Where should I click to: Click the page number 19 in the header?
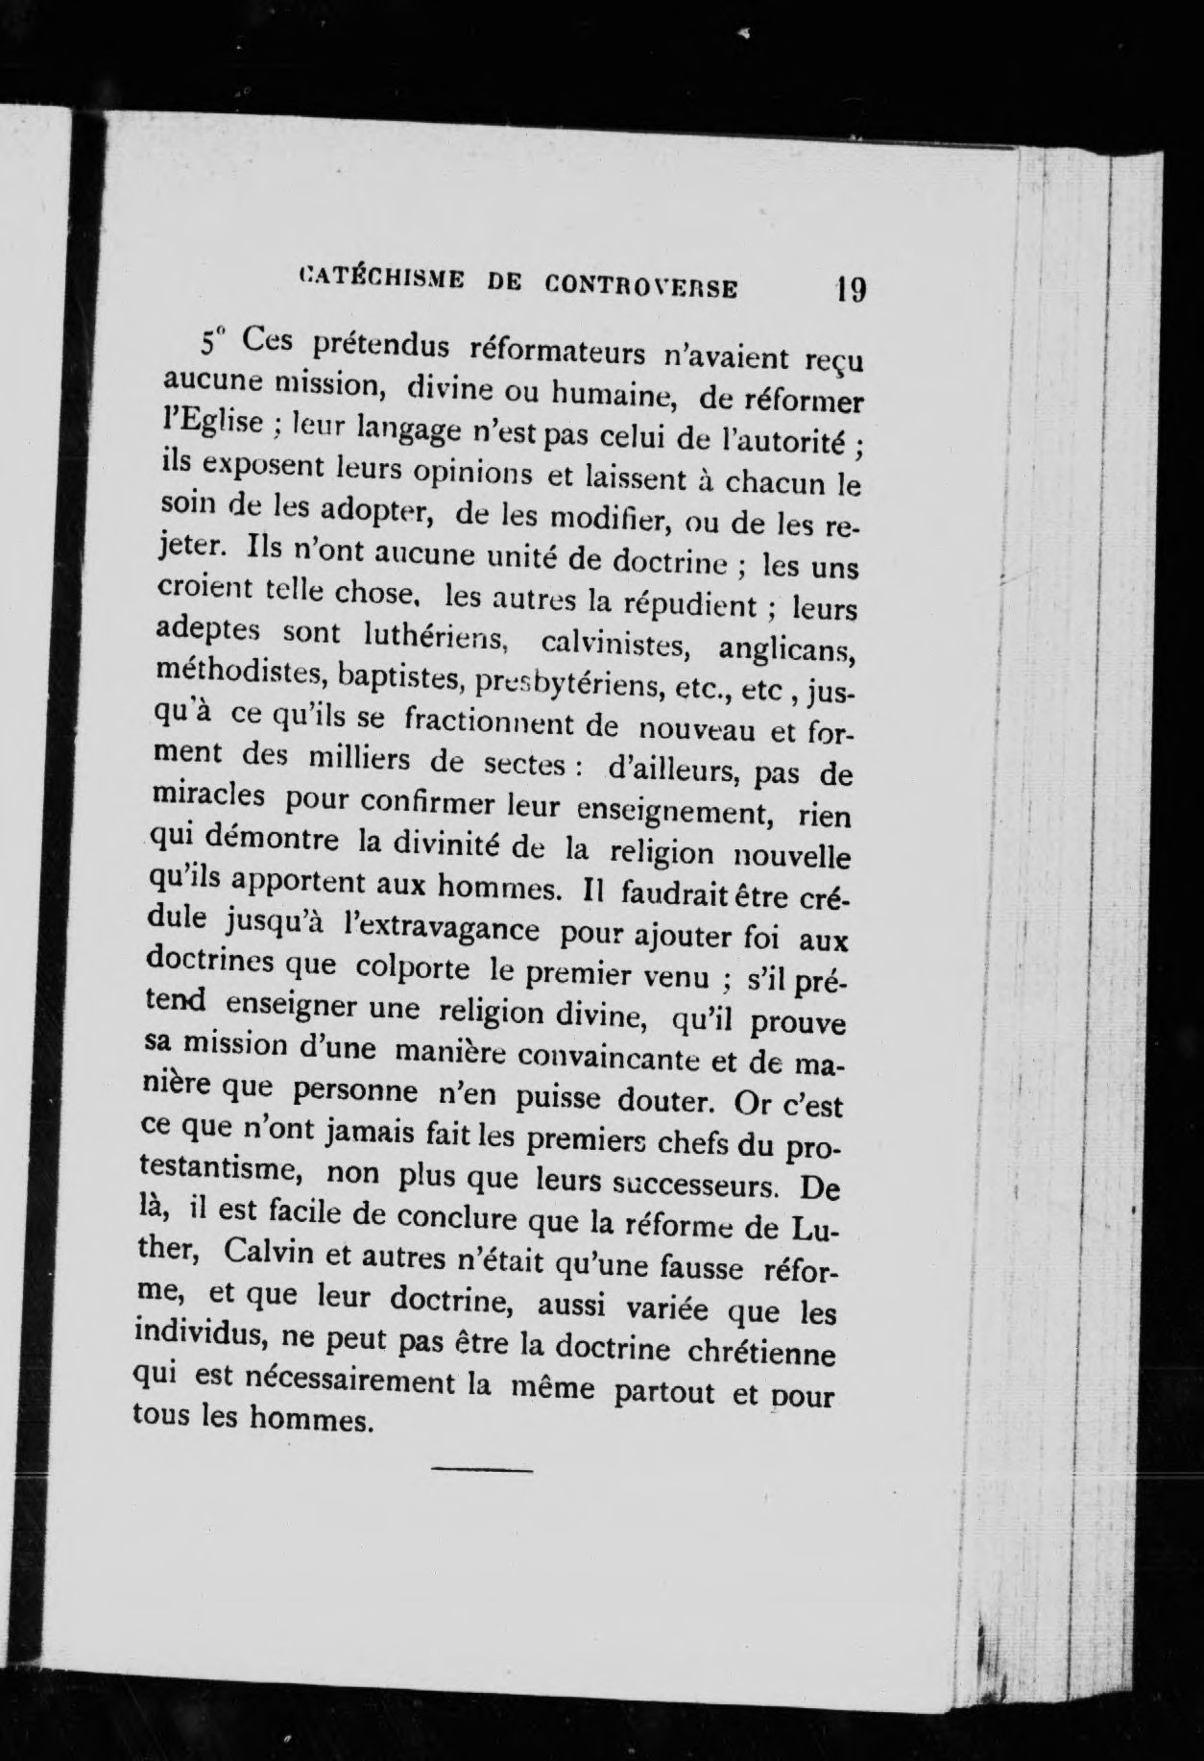coord(851,288)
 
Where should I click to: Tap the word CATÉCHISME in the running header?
coord(382,278)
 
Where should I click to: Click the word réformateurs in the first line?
coord(556,352)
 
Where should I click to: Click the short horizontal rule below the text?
coord(482,1469)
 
